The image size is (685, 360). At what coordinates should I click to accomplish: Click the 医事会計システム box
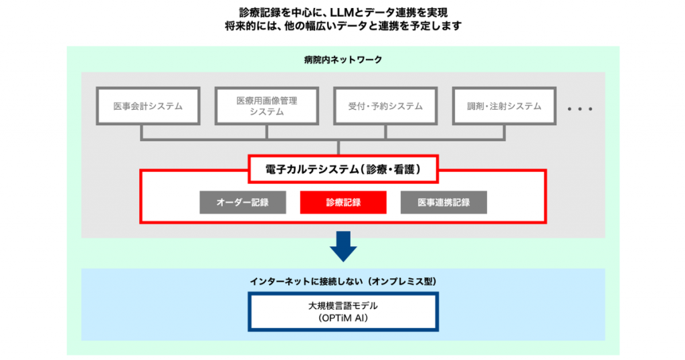tap(148, 106)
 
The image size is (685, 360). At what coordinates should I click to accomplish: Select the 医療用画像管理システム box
tap(267, 106)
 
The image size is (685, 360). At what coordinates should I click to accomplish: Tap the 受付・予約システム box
tap(385, 106)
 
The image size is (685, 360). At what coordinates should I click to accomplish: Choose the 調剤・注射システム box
tap(504, 106)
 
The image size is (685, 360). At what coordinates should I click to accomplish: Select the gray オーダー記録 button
tap(243, 203)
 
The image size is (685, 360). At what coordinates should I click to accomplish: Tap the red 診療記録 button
tap(343, 203)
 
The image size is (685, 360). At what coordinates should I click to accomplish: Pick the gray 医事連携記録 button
tap(444, 203)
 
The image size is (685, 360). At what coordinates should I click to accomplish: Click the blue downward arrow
tap(343, 246)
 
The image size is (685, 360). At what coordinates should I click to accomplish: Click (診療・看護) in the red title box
tap(389, 170)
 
